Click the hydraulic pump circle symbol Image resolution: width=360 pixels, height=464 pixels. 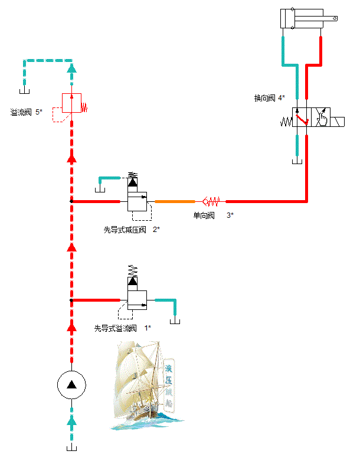point(71,385)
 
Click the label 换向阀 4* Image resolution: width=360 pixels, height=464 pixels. point(269,98)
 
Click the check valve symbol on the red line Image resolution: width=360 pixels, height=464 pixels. point(210,201)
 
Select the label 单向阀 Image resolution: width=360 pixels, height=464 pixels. point(204,215)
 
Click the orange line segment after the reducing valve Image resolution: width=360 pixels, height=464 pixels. point(175,201)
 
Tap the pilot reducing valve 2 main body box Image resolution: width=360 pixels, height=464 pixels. point(137,201)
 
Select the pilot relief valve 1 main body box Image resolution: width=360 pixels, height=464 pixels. point(137,300)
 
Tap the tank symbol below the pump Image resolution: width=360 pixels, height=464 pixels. point(71,448)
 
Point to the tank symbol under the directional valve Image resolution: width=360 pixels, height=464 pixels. point(297,161)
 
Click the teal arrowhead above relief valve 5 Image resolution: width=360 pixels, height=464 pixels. point(71,69)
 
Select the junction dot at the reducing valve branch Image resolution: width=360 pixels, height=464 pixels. point(71,201)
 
